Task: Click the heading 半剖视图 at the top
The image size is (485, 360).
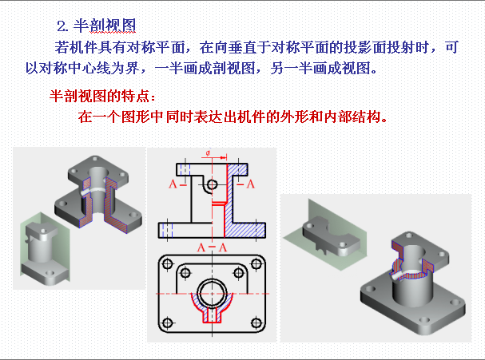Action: point(105,26)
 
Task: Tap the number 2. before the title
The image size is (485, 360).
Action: point(62,26)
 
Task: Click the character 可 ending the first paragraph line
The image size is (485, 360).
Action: point(451,48)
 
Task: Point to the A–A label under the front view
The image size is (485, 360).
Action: point(213,247)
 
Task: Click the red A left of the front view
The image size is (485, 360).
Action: point(173,184)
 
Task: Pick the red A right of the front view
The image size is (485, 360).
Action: point(251,184)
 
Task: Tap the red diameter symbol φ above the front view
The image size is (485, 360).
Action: point(208,153)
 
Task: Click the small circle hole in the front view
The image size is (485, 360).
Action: point(213,185)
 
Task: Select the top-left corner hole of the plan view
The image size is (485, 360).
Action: point(167,264)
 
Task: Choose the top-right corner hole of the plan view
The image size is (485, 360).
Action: point(256,264)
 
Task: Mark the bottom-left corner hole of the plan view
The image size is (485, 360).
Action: point(167,323)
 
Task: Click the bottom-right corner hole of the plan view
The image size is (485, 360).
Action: point(256,323)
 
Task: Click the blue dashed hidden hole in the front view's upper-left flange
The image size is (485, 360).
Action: point(185,170)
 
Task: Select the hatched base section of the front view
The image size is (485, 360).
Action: point(244,230)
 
